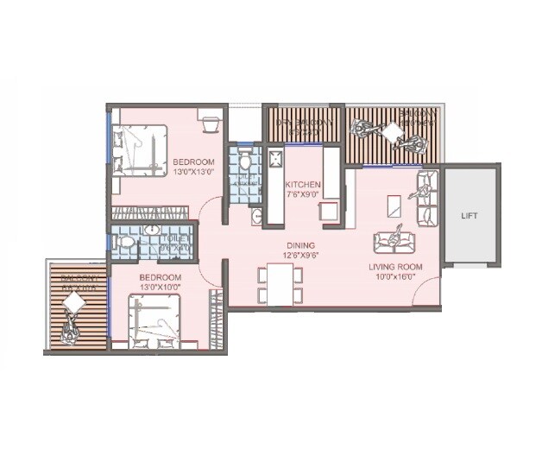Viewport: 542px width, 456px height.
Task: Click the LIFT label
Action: point(470,215)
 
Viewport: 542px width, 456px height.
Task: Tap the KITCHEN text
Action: point(304,185)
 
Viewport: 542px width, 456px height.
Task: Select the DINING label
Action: point(301,245)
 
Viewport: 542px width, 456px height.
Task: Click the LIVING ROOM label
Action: point(395,267)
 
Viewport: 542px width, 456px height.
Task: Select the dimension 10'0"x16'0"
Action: point(395,278)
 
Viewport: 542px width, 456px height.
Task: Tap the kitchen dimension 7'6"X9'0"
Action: point(304,195)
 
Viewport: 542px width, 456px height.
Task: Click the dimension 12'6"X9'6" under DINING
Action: point(301,256)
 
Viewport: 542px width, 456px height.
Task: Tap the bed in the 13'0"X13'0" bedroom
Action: point(142,150)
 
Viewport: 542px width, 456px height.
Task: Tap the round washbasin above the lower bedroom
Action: point(152,231)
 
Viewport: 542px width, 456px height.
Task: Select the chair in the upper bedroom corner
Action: point(208,123)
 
